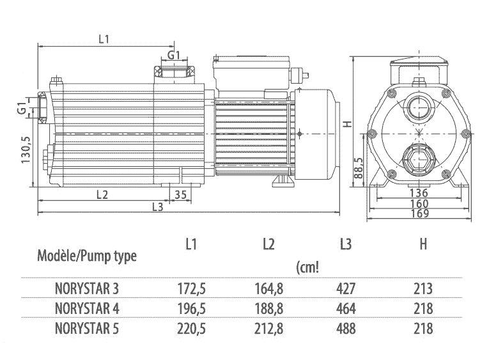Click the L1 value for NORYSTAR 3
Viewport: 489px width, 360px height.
click(190, 289)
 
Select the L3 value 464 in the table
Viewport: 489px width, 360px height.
click(345, 309)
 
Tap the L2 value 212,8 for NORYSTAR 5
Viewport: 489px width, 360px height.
click(268, 329)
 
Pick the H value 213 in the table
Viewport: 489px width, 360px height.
click(423, 289)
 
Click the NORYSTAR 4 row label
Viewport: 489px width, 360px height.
click(87, 309)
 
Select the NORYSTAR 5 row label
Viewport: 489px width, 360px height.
click(87, 329)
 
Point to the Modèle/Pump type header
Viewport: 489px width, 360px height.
click(87, 256)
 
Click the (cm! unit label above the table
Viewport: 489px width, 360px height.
click(307, 267)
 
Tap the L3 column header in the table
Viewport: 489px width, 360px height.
click(345, 244)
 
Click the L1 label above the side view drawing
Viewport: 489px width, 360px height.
click(104, 39)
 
